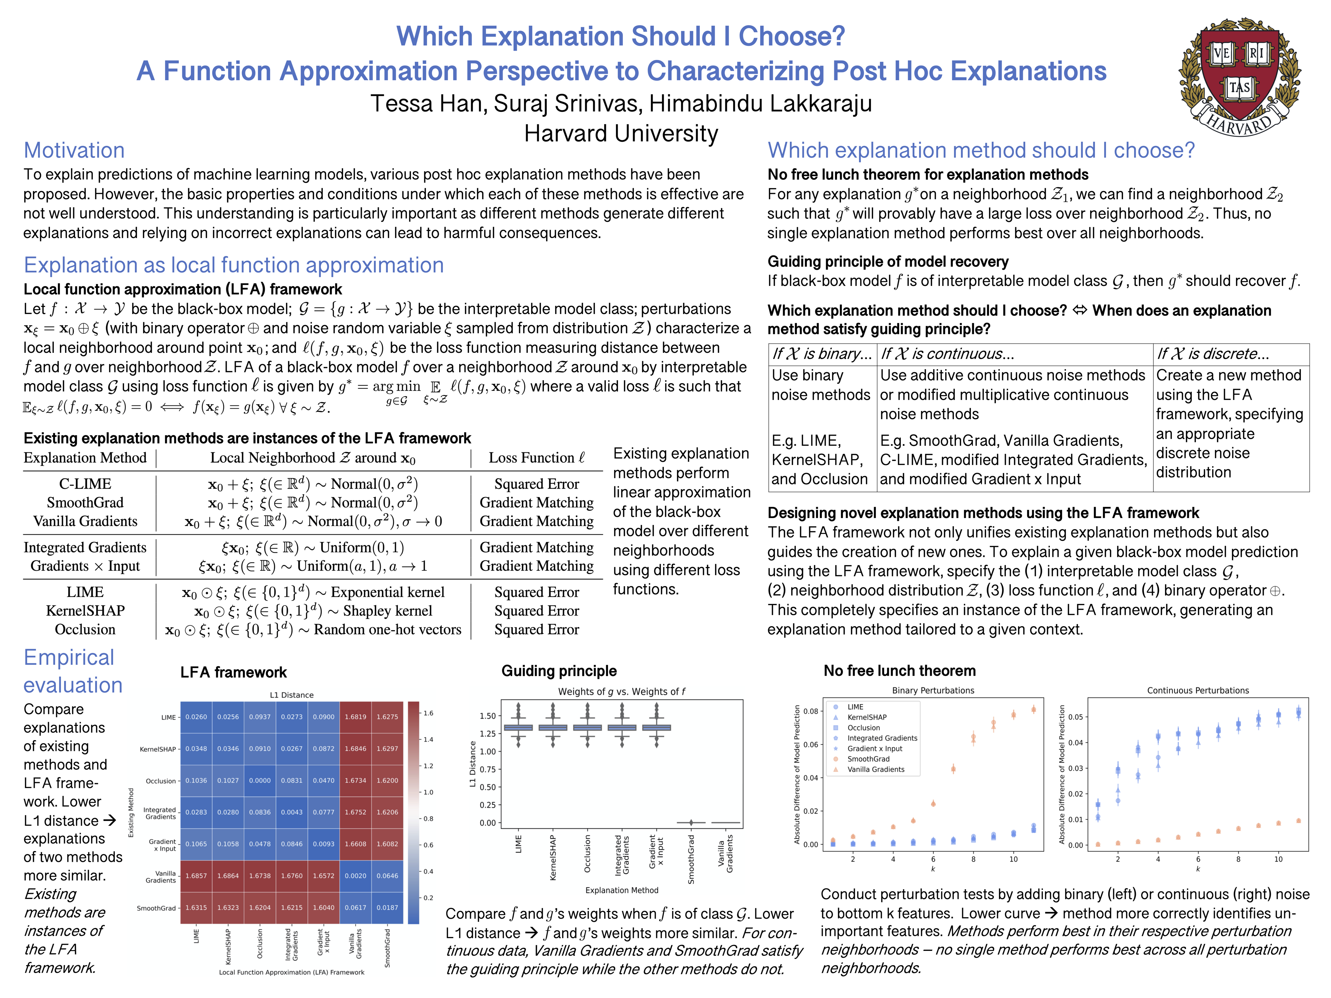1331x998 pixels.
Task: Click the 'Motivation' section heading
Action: point(74,150)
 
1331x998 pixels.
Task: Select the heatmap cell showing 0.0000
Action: point(260,780)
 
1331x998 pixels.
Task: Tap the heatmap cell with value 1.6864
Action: point(228,876)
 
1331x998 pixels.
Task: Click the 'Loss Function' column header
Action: point(536,458)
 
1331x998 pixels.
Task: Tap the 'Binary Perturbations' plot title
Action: point(933,691)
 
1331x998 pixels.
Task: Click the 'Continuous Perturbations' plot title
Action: point(1198,691)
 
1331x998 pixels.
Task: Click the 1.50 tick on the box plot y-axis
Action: point(487,716)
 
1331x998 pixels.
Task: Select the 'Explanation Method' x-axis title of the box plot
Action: point(621,890)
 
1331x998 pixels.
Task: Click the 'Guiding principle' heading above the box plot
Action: point(559,671)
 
